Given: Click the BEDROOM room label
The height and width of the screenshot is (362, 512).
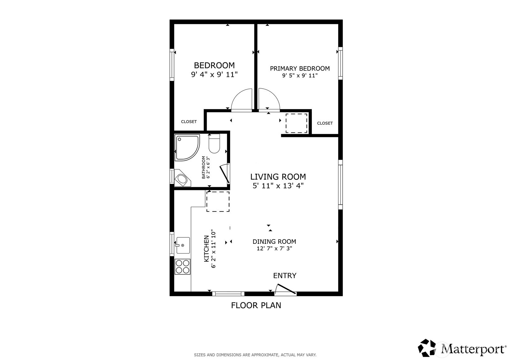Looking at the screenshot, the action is point(214,65).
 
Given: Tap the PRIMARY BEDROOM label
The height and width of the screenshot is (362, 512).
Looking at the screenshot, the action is point(300,68).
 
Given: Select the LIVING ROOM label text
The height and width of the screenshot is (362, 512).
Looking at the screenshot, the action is point(278,177).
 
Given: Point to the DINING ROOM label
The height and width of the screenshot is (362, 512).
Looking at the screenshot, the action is point(274,241).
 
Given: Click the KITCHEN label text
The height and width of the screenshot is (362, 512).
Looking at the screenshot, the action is point(206,248).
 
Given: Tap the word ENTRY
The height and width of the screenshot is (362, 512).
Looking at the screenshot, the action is point(285,276).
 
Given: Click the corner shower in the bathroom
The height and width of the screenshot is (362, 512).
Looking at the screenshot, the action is point(187,147).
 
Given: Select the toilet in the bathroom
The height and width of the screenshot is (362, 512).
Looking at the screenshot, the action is point(214,143).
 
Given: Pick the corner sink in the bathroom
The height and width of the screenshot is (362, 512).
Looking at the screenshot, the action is point(182,178).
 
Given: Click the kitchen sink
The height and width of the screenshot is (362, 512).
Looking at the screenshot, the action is point(183,245).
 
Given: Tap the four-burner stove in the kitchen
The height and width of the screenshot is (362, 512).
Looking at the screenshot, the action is point(182,267).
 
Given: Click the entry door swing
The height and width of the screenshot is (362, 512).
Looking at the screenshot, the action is point(285,289).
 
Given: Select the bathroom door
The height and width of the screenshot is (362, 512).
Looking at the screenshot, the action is point(225,174).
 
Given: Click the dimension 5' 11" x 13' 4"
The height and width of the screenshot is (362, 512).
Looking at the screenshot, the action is point(278,186).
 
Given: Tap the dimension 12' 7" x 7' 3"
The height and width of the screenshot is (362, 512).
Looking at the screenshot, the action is point(274,248).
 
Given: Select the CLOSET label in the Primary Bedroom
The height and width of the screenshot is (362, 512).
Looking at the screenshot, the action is point(325,123).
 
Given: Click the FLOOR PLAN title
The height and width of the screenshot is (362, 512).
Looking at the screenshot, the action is point(256,305).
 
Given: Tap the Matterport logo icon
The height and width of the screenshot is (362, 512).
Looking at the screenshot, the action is point(427,348).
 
